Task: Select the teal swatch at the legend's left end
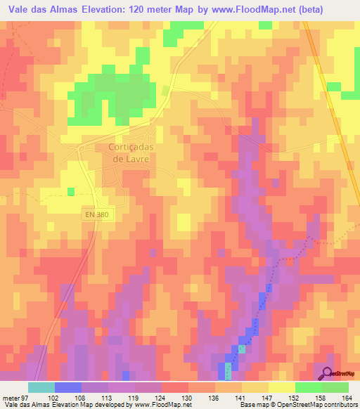click(x=41, y=387)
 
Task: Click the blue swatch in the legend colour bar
click(x=67, y=387)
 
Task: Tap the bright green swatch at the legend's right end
click(x=335, y=387)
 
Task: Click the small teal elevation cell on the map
click(x=242, y=349)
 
